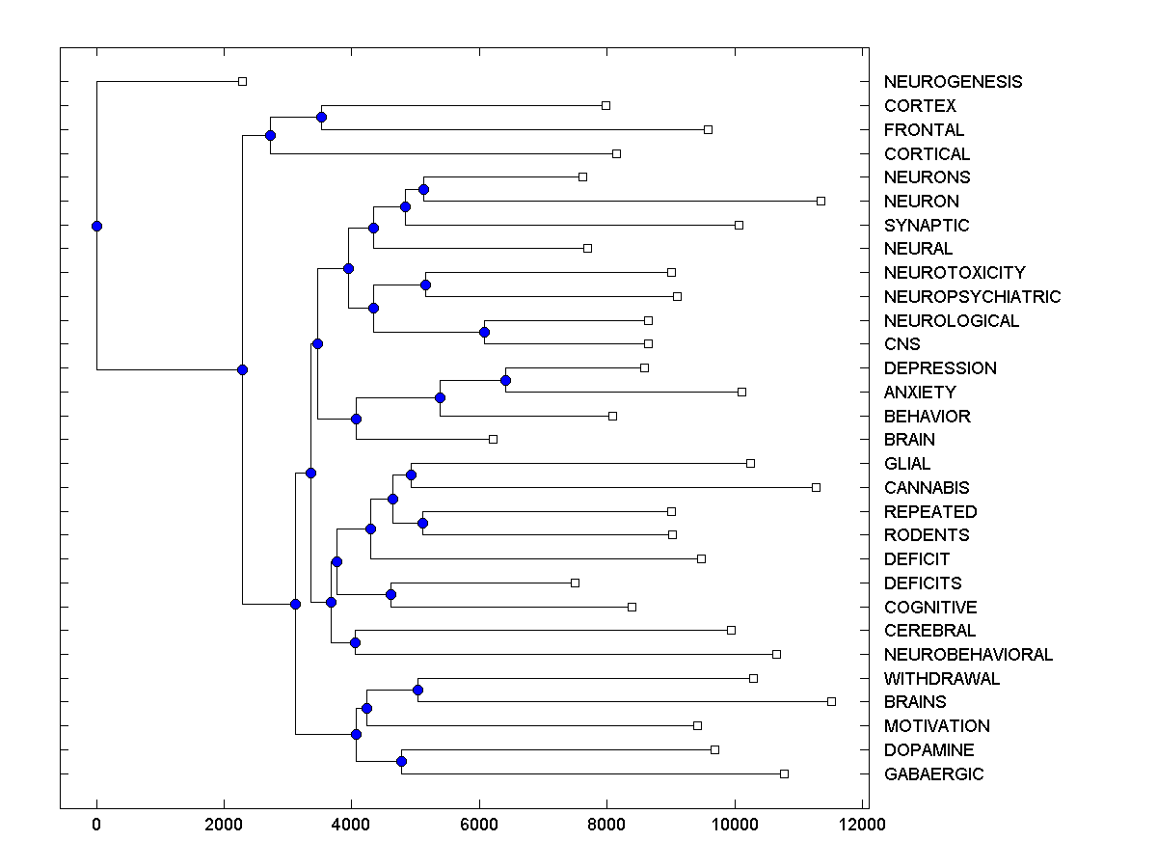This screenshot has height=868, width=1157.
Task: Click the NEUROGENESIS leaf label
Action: [x=953, y=82]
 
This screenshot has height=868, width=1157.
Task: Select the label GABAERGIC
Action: [x=933, y=774]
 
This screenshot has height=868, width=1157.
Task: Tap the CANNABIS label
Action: [x=927, y=488]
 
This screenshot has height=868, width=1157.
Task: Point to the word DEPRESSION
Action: [x=940, y=368]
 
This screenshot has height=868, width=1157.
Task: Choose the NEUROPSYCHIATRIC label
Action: [x=972, y=297]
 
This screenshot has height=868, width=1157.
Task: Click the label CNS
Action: [x=901, y=344]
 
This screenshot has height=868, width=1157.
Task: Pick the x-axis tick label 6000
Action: [x=479, y=824]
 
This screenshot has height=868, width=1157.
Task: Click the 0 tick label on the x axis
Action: [x=96, y=824]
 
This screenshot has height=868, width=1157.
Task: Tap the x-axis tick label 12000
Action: [x=862, y=824]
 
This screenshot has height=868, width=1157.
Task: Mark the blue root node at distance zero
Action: [x=96, y=226]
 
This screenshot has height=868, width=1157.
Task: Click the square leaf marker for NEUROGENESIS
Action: [x=242, y=82]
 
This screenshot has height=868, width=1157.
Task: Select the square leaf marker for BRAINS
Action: [x=831, y=701]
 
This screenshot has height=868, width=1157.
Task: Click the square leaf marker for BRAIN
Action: [x=493, y=439]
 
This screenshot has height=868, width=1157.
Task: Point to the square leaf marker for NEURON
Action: [x=821, y=201]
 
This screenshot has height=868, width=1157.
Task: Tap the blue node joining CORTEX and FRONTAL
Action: [x=321, y=118]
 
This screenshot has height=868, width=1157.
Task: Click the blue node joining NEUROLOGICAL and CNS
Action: [x=484, y=332]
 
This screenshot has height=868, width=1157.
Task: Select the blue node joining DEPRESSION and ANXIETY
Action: [x=505, y=380]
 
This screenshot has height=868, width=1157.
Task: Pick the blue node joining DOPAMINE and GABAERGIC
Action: [x=401, y=762]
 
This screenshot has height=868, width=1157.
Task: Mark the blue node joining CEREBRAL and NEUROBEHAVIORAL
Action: [x=355, y=642]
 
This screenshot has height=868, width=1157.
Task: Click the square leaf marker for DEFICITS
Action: [x=575, y=583]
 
